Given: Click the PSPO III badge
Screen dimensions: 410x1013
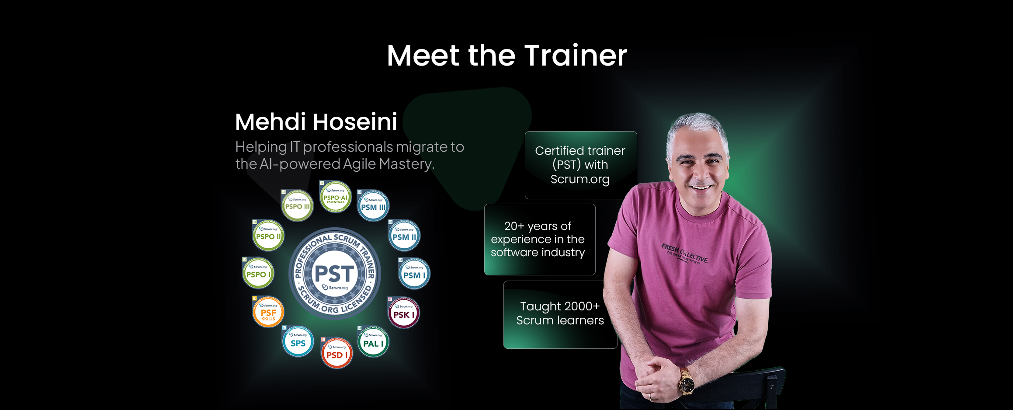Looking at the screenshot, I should [x=297, y=205].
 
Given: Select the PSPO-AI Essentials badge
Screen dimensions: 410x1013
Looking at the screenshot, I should [x=335, y=198].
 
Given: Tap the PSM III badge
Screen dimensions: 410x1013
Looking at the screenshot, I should [x=373, y=206].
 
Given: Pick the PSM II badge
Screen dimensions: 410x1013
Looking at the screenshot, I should [x=404, y=236].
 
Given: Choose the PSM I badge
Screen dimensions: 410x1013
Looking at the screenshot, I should [x=414, y=274].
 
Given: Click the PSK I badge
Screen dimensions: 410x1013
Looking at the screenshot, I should [x=404, y=313].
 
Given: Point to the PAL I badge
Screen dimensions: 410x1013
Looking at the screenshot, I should [x=373, y=342].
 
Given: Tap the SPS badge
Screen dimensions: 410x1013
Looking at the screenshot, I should [x=298, y=342].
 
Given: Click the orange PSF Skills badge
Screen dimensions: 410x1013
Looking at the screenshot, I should [x=268, y=313].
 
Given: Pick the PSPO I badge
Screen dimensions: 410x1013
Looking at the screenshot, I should [x=258, y=273].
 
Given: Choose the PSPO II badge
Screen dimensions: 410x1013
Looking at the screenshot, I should [x=268, y=236].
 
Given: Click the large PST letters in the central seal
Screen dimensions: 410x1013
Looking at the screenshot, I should [x=334, y=274].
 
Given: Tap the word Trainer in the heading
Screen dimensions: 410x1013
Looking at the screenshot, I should [x=576, y=56].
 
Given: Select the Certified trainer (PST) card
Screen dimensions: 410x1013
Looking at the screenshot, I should [x=580, y=165].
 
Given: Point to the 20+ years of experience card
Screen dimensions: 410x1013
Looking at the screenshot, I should [x=539, y=239].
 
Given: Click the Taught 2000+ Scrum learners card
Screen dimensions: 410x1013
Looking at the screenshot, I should [x=560, y=314].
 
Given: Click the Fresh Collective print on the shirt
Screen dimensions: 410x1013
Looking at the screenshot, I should [x=684, y=253].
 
